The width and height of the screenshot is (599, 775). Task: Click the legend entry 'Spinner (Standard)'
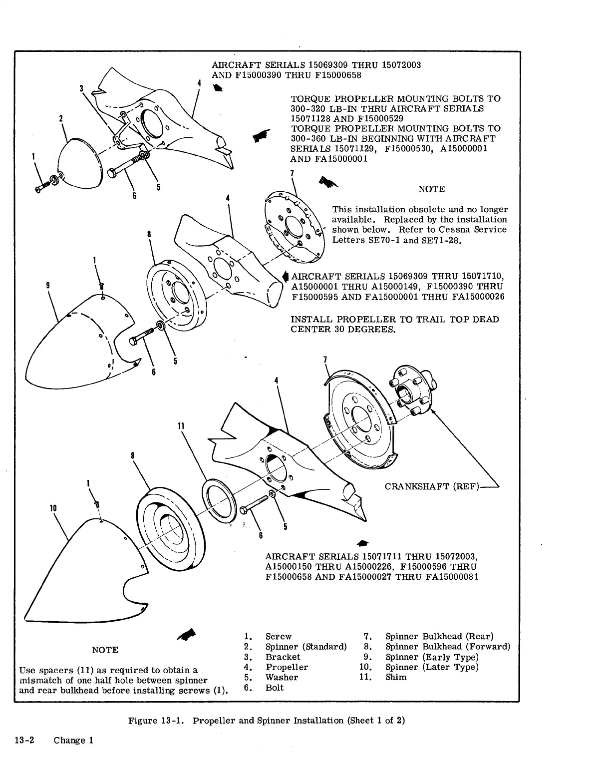tap(305, 647)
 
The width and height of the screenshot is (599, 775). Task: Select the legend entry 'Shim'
tap(396, 677)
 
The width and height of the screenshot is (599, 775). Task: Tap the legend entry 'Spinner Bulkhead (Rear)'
tap(439, 636)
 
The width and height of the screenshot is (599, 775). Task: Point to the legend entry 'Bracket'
tap(283, 657)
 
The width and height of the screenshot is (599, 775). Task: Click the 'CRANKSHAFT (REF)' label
tap(432, 486)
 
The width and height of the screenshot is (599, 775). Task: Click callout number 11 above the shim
tap(181, 426)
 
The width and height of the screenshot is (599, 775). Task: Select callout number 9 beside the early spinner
tap(47, 285)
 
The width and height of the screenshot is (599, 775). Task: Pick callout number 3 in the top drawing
tap(81, 88)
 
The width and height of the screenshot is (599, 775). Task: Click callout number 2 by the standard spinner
tap(60, 118)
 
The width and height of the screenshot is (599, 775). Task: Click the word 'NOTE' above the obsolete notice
tap(431, 189)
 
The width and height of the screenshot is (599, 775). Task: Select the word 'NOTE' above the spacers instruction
tap(105, 650)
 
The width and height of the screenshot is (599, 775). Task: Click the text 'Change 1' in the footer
tap(73, 740)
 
